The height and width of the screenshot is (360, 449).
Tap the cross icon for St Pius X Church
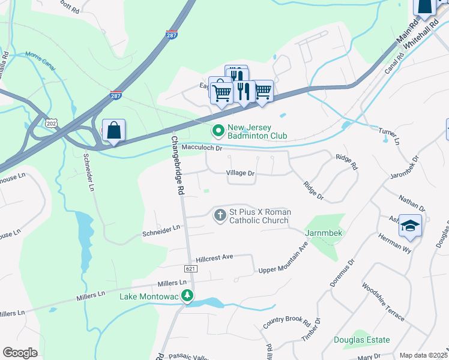click(x=220, y=214)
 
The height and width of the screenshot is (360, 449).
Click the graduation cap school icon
click(x=410, y=226)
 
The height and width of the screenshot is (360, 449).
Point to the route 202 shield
click(x=50, y=122)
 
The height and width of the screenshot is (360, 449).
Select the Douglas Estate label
click(x=362, y=340)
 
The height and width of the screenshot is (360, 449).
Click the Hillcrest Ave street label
click(x=210, y=257)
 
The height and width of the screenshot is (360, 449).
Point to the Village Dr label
click(x=241, y=173)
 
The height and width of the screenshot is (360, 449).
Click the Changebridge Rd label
click(x=178, y=164)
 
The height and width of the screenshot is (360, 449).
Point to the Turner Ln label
click(x=389, y=135)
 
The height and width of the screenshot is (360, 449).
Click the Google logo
click(x=20, y=353)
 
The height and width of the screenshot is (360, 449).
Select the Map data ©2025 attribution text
click(x=423, y=355)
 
